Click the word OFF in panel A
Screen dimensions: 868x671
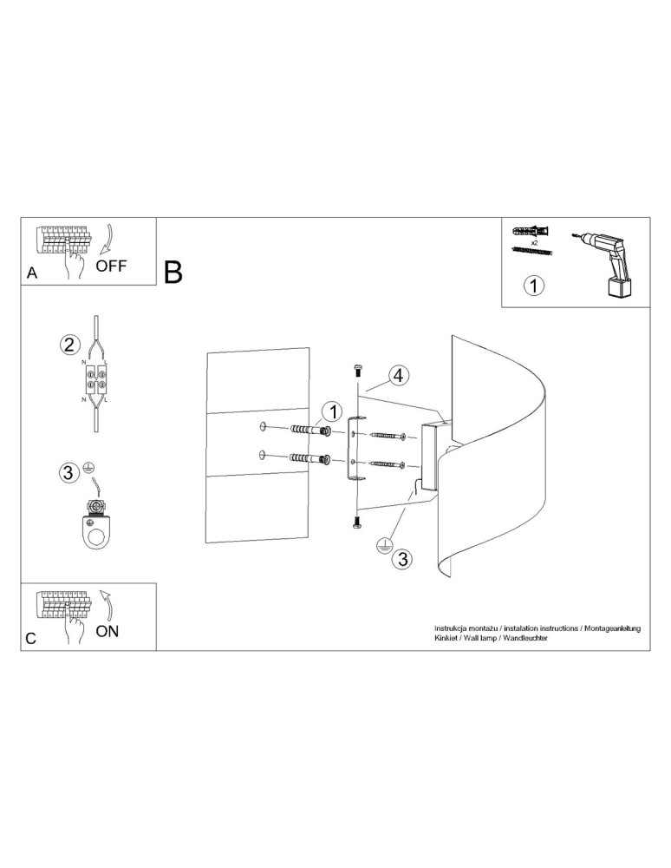click(111, 266)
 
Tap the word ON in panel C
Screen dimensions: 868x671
click(107, 631)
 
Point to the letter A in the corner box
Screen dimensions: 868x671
click(32, 273)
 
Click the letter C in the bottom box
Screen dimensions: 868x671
click(31, 638)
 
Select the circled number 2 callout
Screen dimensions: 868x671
click(70, 344)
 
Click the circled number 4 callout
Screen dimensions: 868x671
click(398, 376)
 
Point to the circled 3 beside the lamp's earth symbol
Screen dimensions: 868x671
click(401, 559)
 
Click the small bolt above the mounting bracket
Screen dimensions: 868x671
click(357, 370)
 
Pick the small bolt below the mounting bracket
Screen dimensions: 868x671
click(357, 521)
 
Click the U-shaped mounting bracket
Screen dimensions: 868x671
click(355, 450)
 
